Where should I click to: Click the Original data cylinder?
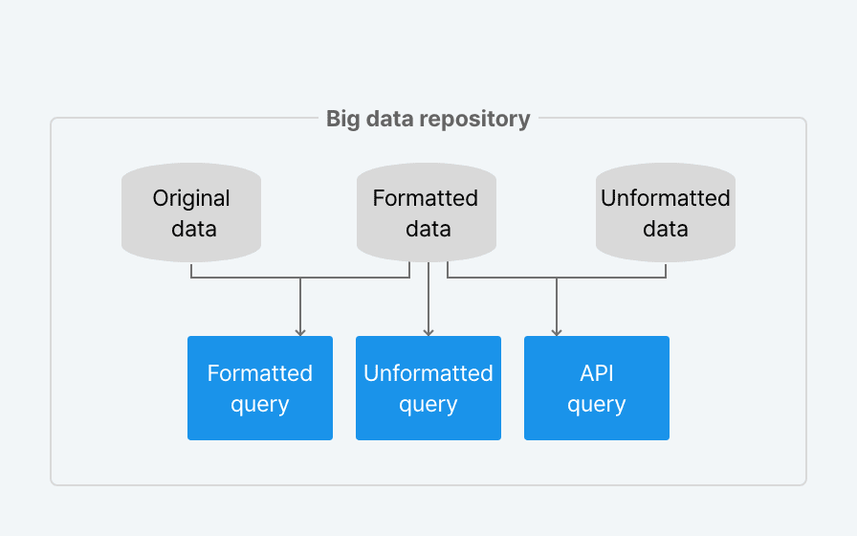click(191, 212)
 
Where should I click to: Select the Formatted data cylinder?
click(427, 212)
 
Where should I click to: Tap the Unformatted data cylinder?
click(666, 212)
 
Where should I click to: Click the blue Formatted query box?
click(260, 388)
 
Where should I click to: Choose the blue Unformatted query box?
click(428, 388)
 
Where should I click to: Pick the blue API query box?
click(597, 388)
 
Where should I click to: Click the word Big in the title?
click(342, 120)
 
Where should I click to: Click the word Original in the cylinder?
click(191, 198)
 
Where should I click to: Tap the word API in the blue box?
click(597, 373)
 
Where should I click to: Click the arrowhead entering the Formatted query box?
click(300, 332)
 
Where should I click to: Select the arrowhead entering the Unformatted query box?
click(428, 332)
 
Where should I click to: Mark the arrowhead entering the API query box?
click(557, 332)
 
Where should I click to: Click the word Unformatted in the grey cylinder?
click(666, 198)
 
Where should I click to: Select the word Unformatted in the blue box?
click(428, 373)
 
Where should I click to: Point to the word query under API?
click(597, 405)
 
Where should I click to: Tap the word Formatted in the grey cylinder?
click(426, 198)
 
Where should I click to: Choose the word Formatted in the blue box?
click(260, 373)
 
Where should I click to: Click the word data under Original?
click(194, 229)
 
